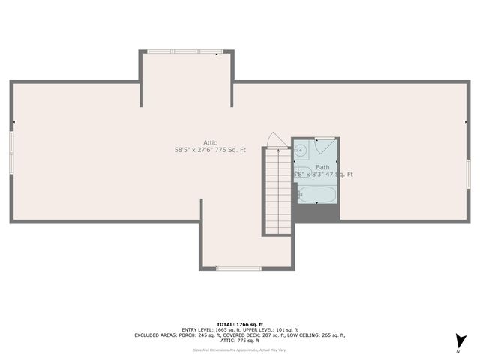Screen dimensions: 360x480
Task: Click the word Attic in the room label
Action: [x=210, y=142]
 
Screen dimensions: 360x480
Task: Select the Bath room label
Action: [x=322, y=167]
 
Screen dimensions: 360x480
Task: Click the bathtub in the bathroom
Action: [x=317, y=194]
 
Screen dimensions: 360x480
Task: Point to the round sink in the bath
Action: [x=301, y=150]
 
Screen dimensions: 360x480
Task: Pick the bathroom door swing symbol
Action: [x=325, y=145]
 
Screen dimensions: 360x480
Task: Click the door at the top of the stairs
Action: [x=276, y=141]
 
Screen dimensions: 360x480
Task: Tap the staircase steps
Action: [x=277, y=191]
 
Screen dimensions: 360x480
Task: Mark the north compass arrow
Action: [x=461, y=340]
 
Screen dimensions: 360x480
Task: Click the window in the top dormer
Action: [x=185, y=52]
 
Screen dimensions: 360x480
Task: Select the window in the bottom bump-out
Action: [x=238, y=268]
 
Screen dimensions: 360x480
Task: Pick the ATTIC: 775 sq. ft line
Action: [x=239, y=340]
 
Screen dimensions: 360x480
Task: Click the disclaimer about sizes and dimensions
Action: [x=239, y=349]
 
